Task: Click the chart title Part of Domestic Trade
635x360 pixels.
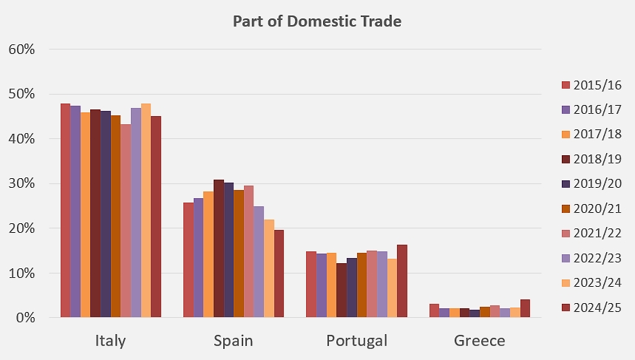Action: coord(316,21)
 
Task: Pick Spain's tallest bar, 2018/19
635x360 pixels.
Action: coord(219,248)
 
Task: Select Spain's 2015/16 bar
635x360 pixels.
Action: coord(189,260)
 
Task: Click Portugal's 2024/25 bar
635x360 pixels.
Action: coord(401,281)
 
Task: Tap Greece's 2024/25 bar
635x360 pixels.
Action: coord(525,308)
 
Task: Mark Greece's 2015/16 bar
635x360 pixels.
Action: coord(434,310)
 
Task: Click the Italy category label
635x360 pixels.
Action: coord(110,341)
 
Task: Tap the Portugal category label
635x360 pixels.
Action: coord(356,341)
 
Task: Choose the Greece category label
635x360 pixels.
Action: coord(480,341)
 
